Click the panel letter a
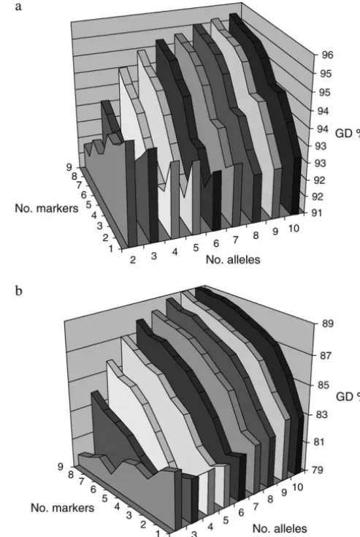click(18, 7)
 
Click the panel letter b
click(19, 291)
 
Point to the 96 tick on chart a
click(327, 55)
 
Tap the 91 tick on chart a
click(317, 213)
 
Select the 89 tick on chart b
click(327, 323)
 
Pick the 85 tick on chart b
click(323, 385)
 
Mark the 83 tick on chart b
click(322, 415)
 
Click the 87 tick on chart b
click(326, 356)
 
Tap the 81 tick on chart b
click(319, 442)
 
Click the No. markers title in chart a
click(47, 208)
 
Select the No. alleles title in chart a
click(233, 259)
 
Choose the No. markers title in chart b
click(62, 508)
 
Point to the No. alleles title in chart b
click(280, 528)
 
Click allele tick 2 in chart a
click(133, 260)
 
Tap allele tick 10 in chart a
click(294, 229)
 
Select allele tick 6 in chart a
click(216, 243)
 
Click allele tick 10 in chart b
click(298, 487)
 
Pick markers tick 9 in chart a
click(69, 167)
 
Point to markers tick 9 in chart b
click(61, 467)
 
